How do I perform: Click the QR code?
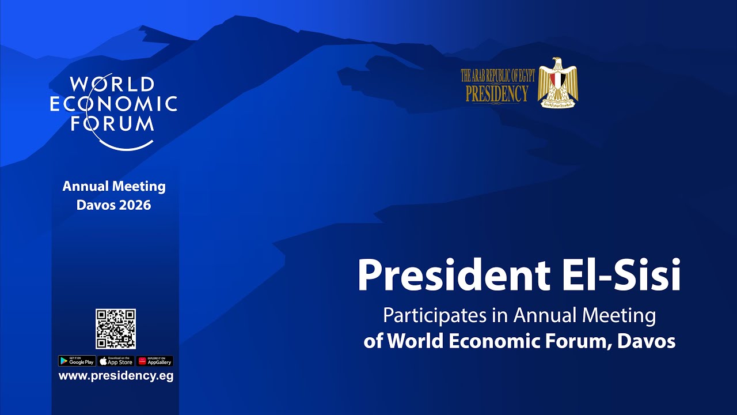click(x=116, y=329)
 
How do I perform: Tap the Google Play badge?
click(x=77, y=361)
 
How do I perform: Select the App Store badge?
click(x=116, y=361)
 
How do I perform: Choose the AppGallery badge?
click(x=155, y=361)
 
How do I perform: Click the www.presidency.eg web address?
click(x=116, y=376)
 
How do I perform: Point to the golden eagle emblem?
click(x=557, y=83)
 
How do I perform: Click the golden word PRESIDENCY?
click(x=496, y=93)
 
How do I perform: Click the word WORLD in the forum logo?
click(x=112, y=84)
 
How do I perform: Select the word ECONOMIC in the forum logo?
click(x=113, y=104)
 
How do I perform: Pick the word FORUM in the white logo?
click(x=112, y=123)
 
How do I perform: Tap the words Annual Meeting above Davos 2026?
click(x=114, y=187)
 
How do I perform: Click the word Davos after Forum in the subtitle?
click(x=645, y=341)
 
